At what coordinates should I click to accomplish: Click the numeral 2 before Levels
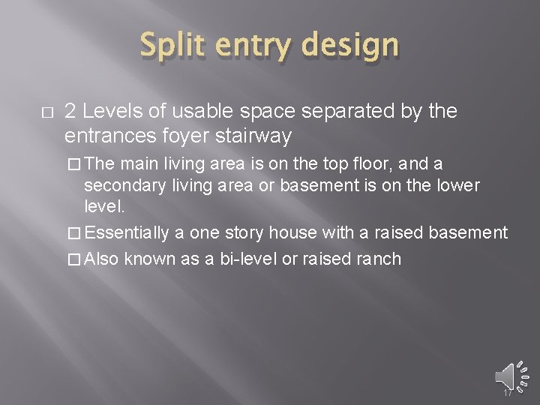tap(70, 112)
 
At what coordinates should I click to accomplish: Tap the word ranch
tap(379, 259)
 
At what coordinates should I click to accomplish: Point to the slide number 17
tap(507, 392)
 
